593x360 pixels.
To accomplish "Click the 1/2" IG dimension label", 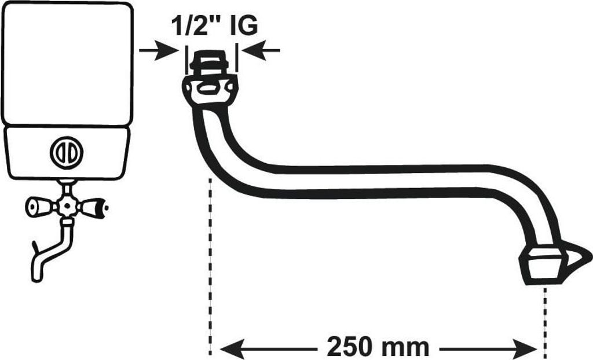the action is [x=214, y=25].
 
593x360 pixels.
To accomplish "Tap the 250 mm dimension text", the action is [x=378, y=346].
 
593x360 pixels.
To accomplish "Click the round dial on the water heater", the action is [x=67, y=152].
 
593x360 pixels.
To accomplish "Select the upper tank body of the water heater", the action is [x=67, y=64].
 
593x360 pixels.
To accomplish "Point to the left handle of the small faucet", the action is [x=41, y=207].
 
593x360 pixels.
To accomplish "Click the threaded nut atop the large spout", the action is [x=208, y=61].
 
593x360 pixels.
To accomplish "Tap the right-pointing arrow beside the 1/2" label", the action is [x=158, y=50].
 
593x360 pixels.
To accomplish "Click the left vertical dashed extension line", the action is [x=210, y=267].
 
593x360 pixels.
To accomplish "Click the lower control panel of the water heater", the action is [x=67, y=153].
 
